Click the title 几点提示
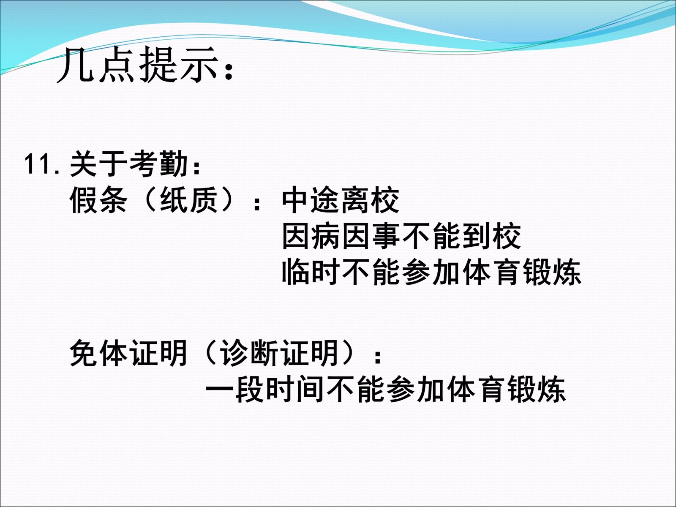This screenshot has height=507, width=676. coord(137,65)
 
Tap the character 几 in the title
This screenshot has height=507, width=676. coord(76,65)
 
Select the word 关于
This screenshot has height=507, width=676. coord(98,164)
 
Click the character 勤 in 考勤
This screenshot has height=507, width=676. coord(174,164)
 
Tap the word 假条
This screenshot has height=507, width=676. coord(98,201)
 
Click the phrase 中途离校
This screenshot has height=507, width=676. coord(341,201)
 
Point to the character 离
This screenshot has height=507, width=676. coord(355,201)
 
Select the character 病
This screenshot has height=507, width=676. coord(325,236)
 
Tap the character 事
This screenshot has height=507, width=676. coord(386,236)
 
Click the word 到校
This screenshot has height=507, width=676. coord(491,236)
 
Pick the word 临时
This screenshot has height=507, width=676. coord(311,272)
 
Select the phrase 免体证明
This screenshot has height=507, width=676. coord(128,353)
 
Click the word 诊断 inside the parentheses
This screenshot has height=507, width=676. coord(248,353)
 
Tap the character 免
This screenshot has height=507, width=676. coord(84,353)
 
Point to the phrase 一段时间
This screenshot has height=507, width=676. coord(264,389)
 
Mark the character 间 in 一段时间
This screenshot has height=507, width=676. coord(309,389)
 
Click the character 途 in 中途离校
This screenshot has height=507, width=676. coord(325,201)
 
